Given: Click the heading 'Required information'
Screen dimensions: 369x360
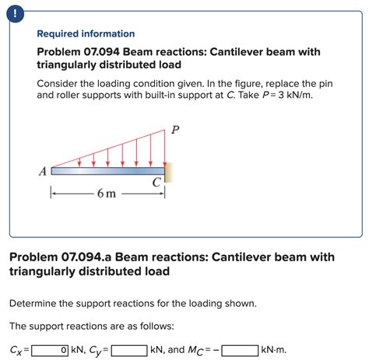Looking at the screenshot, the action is click(x=86, y=34).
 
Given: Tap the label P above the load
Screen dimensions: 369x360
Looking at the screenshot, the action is click(x=175, y=131).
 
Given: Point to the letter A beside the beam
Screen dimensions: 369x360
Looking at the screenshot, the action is click(x=44, y=172).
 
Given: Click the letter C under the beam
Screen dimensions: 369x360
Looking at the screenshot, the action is click(x=156, y=183).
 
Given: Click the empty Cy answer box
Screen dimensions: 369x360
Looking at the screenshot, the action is click(x=129, y=350).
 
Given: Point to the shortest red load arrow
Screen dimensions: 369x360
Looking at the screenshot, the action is click(x=79, y=162).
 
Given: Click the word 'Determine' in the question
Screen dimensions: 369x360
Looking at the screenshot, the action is click(x=36, y=302).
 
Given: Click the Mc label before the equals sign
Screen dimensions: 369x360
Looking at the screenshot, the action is click(x=197, y=351).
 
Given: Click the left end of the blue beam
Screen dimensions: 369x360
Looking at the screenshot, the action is click(x=52, y=170).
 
